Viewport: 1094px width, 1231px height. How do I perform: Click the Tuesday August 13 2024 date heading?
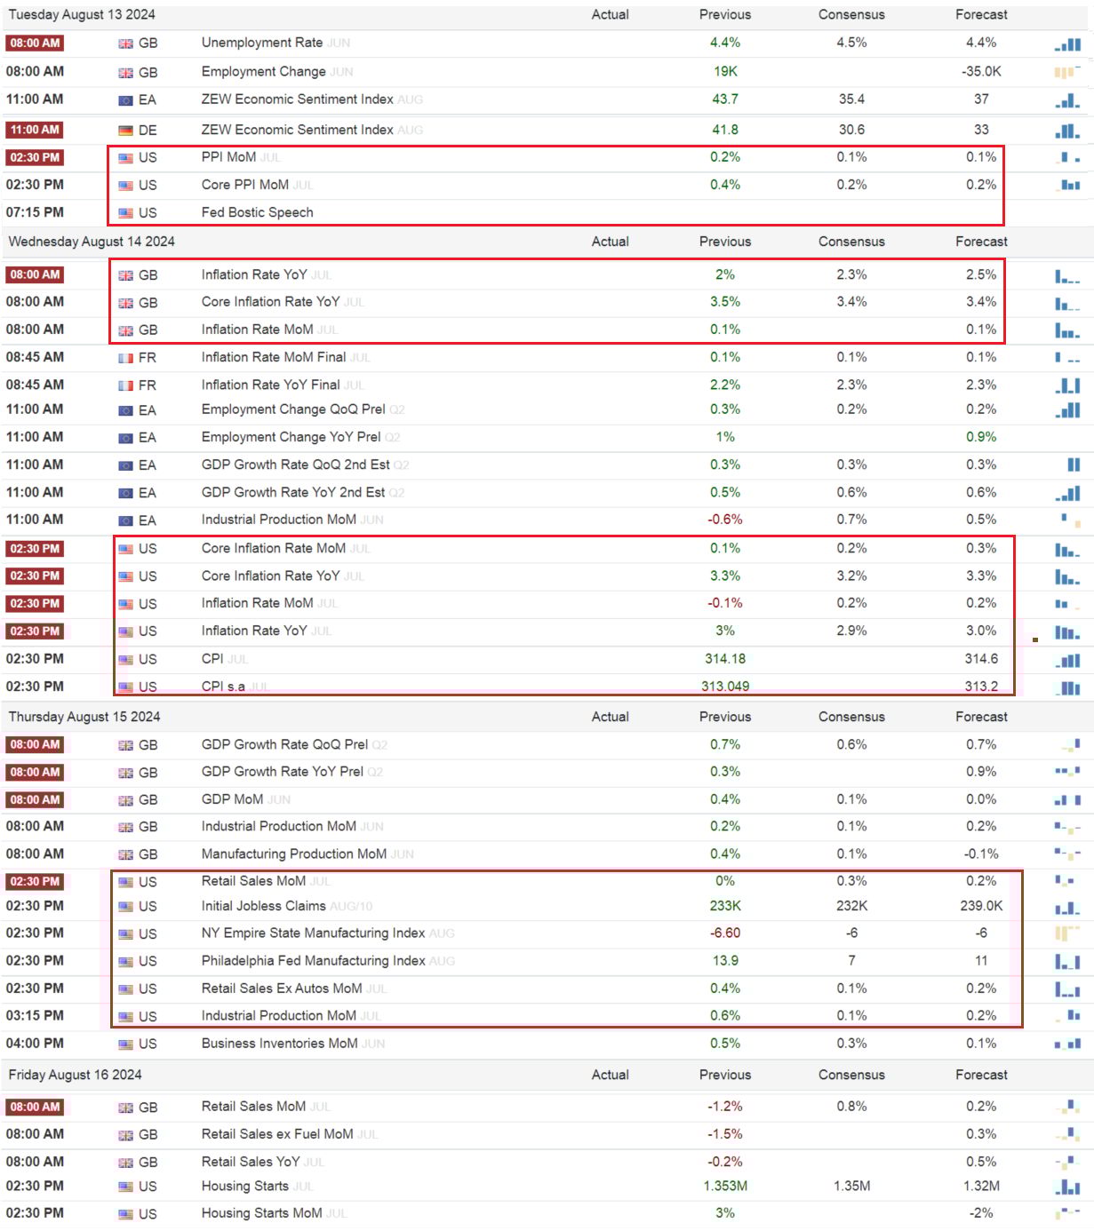click(82, 14)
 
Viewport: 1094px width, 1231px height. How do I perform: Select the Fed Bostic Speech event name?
click(257, 212)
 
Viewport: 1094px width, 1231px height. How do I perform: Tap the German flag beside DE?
click(125, 131)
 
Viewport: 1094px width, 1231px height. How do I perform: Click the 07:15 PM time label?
click(35, 212)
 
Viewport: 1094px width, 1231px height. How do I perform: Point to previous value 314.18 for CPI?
click(724, 659)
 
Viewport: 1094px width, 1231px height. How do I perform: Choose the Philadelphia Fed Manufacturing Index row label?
click(313, 961)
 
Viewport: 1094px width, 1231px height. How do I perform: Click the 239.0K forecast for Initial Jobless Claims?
click(981, 906)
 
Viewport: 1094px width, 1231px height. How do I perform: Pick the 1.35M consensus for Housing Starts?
click(851, 1186)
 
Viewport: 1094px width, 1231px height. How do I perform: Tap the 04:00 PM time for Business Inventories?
click(35, 1044)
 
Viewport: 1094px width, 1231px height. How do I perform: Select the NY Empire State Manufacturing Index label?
click(313, 933)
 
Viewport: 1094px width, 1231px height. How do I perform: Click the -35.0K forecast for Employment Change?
click(981, 71)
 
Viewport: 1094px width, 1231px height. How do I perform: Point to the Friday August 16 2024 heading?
click(76, 1075)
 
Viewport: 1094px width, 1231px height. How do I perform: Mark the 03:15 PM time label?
click(35, 1015)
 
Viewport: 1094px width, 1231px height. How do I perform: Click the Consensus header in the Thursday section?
click(851, 717)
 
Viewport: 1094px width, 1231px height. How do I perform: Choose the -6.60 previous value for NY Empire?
click(724, 933)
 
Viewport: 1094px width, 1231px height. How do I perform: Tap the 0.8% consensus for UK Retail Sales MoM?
click(851, 1107)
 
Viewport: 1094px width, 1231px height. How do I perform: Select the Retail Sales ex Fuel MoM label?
click(276, 1134)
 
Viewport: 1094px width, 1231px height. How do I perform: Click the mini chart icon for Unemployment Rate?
click(1067, 44)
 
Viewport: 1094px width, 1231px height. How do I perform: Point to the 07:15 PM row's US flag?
click(125, 213)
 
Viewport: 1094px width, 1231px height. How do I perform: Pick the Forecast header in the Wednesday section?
click(981, 242)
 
